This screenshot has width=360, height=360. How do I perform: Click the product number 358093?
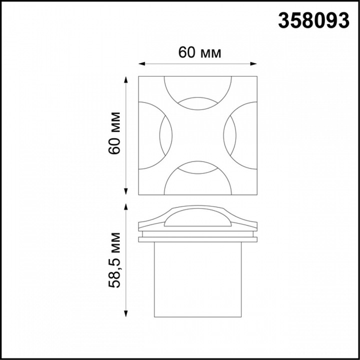[313, 20]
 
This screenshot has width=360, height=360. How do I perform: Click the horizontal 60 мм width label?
[199, 52]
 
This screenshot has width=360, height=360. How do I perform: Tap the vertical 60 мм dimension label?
[114, 133]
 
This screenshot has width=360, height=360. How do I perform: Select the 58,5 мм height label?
[114, 260]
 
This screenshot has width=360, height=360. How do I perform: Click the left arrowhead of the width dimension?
[141, 64]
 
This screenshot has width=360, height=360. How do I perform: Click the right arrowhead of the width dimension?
[253, 64]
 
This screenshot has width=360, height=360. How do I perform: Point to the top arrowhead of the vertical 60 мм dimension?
[126, 79]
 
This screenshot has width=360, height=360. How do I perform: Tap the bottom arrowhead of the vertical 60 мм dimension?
[126, 191]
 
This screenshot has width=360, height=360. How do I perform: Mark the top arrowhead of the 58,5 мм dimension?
[126, 206]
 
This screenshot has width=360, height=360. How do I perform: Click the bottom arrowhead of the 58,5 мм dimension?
[126, 313]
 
